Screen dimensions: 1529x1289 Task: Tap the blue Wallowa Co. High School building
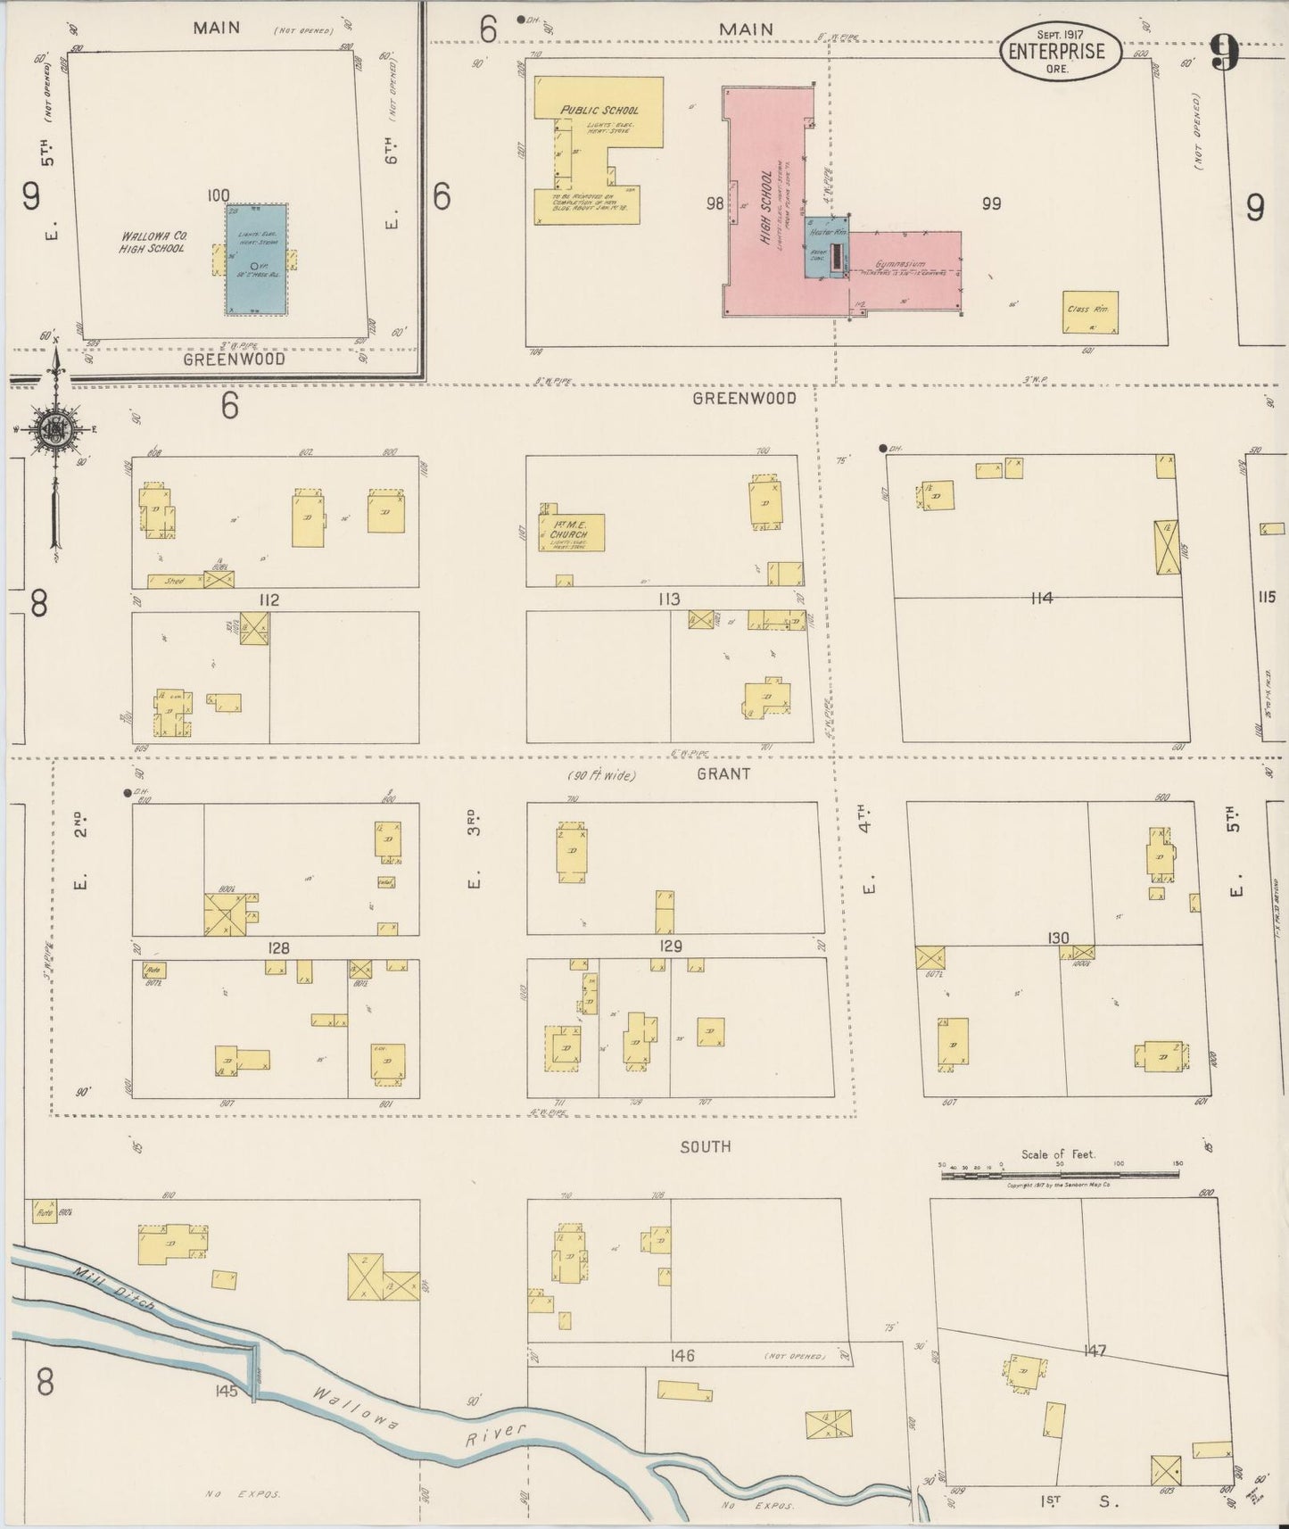(x=257, y=260)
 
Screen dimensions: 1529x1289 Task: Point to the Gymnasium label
(x=899, y=265)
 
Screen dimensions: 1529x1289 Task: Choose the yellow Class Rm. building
(x=1089, y=311)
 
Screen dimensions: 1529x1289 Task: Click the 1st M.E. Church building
(x=571, y=533)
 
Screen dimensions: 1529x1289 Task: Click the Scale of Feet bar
(x=1060, y=1175)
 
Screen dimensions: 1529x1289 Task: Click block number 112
(x=267, y=600)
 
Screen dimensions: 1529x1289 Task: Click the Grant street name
(x=723, y=773)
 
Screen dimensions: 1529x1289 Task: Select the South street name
(x=706, y=1146)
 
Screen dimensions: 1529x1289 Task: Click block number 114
(x=1041, y=598)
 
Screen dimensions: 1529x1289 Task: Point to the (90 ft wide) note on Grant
(x=601, y=775)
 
